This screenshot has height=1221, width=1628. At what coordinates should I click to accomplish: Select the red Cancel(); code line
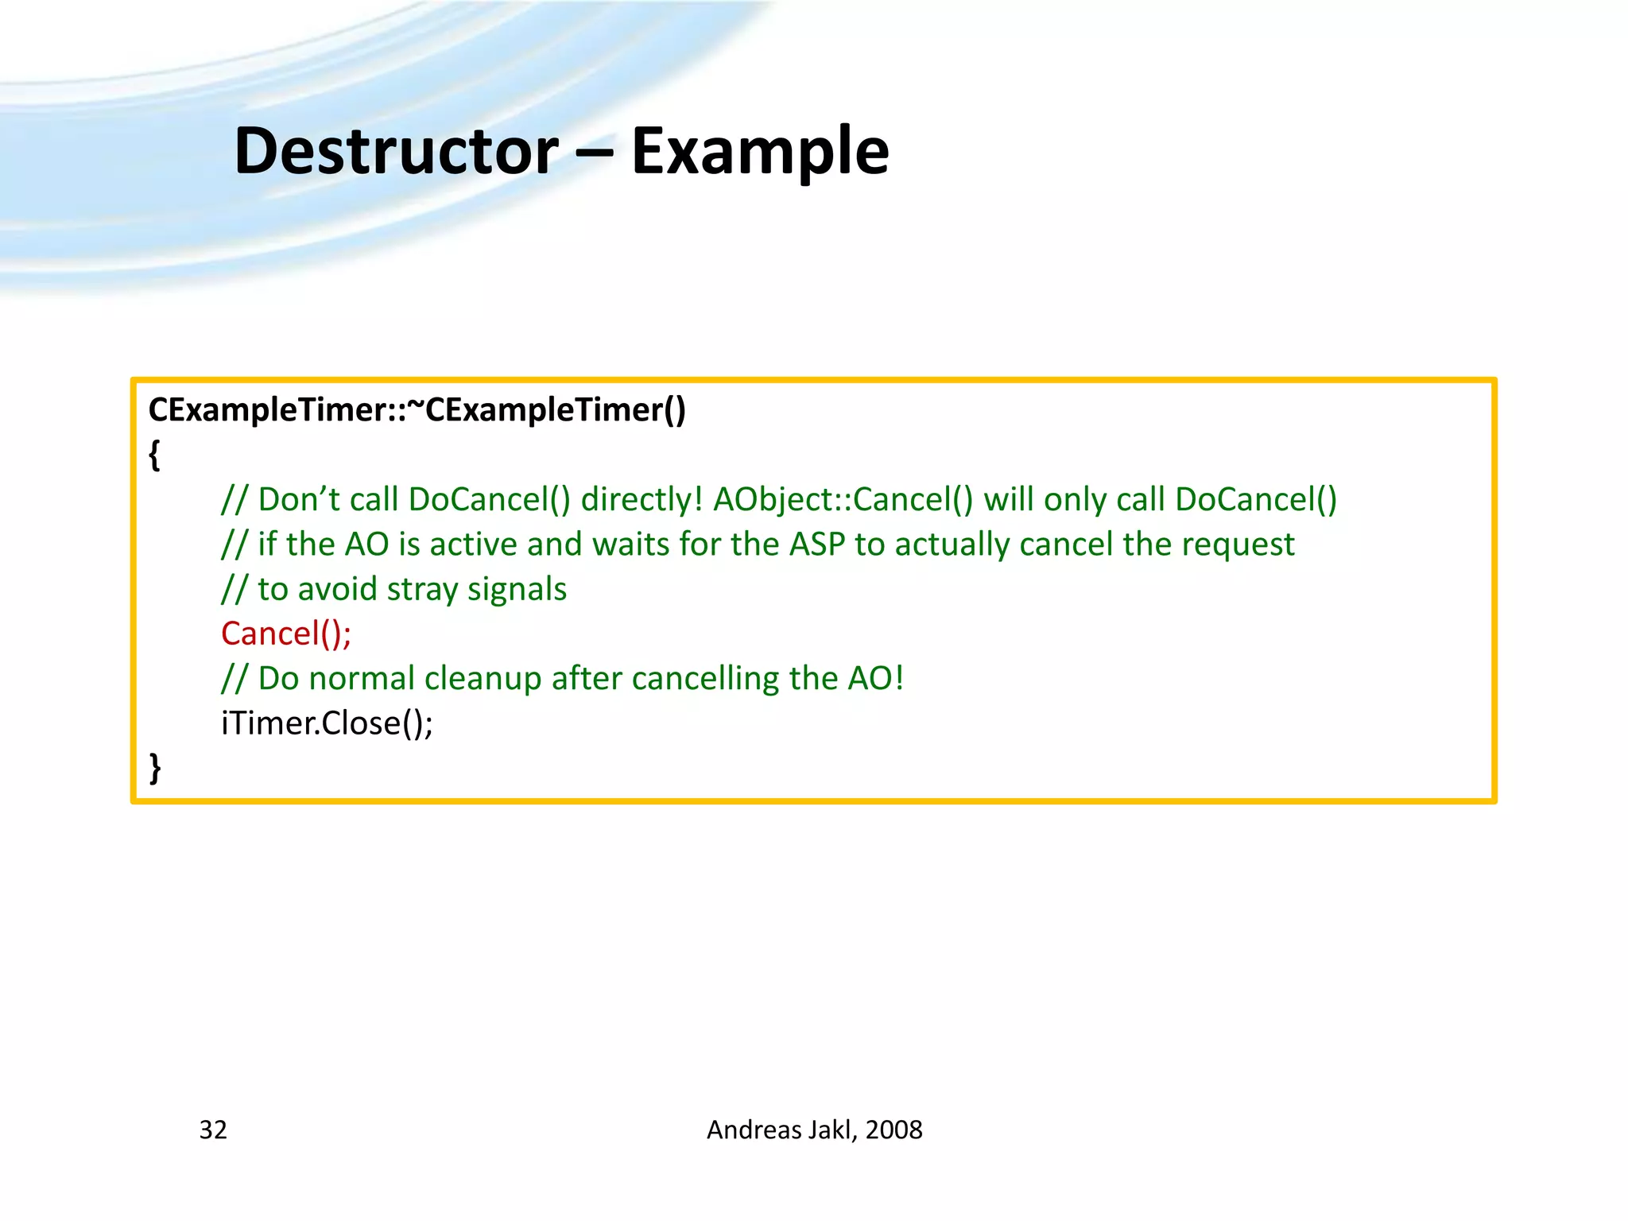click(286, 634)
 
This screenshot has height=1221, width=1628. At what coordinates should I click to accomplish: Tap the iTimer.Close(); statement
click(327, 723)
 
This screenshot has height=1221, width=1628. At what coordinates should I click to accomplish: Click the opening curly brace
click(155, 455)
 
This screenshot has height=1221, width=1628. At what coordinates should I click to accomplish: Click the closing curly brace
click(155, 768)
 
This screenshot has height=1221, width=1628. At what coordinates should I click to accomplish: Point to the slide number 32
click(213, 1130)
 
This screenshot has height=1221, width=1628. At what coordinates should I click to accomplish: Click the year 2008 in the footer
click(893, 1130)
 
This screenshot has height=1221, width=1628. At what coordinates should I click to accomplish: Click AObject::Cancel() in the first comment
click(843, 499)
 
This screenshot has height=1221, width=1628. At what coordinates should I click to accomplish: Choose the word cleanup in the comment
click(483, 679)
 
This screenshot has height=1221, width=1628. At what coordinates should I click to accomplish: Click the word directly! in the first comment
click(642, 499)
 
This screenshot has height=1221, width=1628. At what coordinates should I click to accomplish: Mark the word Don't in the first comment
click(299, 499)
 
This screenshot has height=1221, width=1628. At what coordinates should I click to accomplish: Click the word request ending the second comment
click(1246, 545)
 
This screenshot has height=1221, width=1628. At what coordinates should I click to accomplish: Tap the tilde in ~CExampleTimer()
click(416, 409)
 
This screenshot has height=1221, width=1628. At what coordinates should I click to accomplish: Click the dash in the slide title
click(594, 153)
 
